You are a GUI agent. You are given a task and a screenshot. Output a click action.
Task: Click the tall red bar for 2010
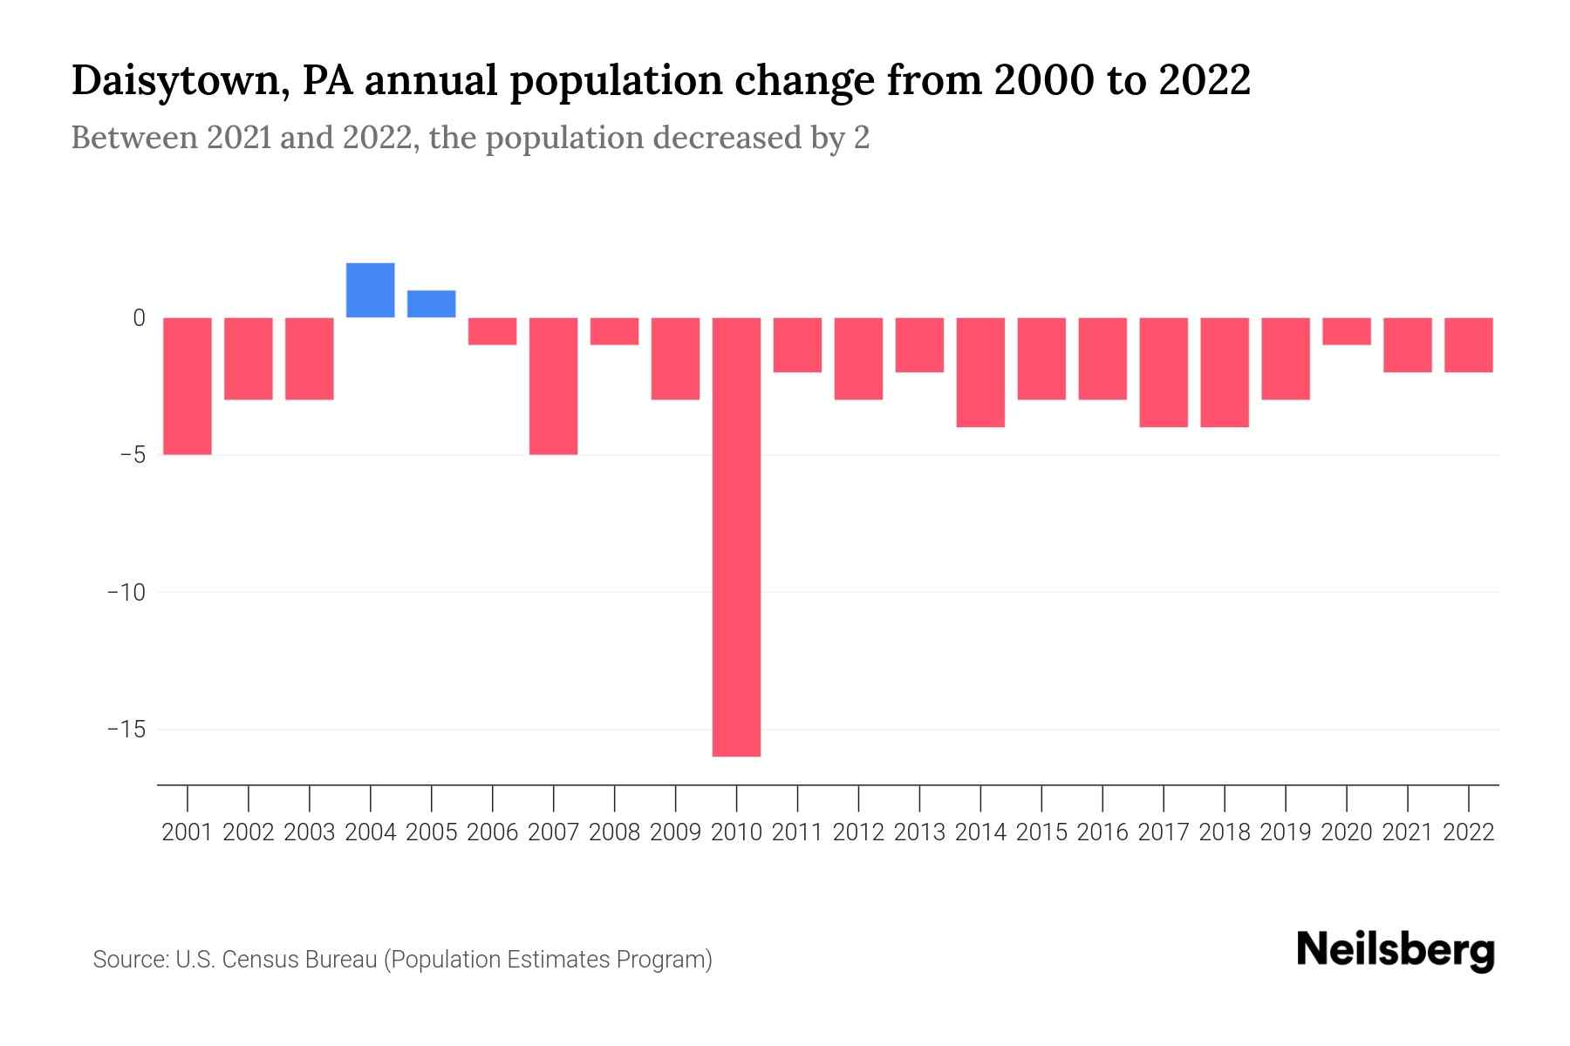click(736, 536)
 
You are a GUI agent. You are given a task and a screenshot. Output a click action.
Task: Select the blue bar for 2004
click(370, 290)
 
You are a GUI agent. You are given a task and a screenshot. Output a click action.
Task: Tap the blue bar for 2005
click(431, 303)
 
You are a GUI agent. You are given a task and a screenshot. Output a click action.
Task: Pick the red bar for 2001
click(188, 385)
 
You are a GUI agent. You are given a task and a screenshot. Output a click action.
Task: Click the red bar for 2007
click(553, 385)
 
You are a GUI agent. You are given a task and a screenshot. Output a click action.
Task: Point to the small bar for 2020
click(1346, 331)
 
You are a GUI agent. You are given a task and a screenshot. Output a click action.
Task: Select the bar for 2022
click(1468, 345)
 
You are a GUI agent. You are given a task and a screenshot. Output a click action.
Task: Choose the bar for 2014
click(980, 372)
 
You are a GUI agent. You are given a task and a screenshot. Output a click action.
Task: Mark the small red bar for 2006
click(492, 331)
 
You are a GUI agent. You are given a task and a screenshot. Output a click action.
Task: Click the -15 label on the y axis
click(126, 729)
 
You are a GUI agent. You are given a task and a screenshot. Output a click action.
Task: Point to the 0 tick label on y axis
click(139, 318)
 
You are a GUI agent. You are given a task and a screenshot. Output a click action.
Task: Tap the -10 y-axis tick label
click(126, 592)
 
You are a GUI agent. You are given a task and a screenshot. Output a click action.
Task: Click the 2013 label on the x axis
click(919, 832)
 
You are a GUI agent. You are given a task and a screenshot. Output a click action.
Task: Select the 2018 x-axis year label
click(1224, 832)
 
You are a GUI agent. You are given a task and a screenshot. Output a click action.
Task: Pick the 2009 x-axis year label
click(675, 832)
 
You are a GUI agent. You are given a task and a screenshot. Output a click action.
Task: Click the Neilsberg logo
click(1396, 950)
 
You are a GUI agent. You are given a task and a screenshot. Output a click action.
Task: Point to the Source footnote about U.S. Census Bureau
click(402, 960)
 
